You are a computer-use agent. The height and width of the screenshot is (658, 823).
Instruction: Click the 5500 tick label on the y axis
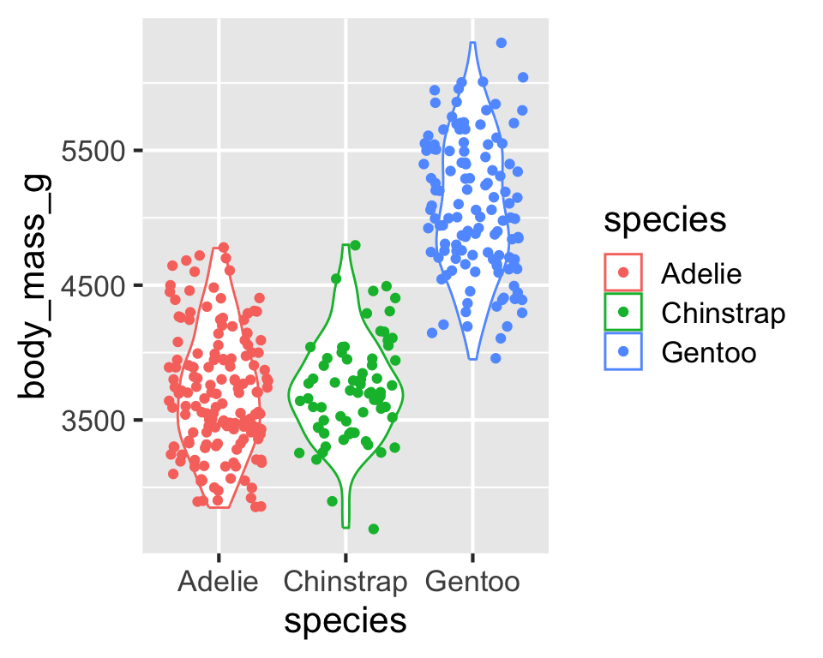[x=93, y=152]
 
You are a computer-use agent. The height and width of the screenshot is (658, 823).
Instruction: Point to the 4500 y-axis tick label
[x=93, y=286]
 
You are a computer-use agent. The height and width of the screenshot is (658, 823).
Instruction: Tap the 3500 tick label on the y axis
[x=93, y=421]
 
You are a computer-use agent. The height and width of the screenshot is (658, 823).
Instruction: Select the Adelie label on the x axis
[x=218, y=582]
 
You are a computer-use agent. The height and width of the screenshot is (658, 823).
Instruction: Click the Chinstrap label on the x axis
[x=345, y=583]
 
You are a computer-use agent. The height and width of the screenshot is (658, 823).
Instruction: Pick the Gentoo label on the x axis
[x=472, y=582]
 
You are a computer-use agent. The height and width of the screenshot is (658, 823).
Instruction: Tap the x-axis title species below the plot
[x=345, y=622]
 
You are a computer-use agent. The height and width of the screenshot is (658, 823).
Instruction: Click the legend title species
[x=665, y=220]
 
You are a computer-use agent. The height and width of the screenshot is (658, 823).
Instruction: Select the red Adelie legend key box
[x=623, y=272]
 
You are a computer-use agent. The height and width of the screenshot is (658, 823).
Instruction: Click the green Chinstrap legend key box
[x=623, y=312]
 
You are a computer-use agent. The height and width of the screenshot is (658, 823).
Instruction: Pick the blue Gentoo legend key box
[x=623, y=351]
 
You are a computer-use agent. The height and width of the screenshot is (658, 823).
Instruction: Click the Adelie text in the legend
[x=701, y=274]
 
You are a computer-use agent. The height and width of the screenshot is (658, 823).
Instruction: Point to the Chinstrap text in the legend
[x=724, y=314]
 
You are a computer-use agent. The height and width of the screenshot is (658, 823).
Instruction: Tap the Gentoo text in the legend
[x=709, y=353]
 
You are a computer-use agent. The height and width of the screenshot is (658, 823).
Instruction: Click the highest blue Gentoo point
[x=502, y=43]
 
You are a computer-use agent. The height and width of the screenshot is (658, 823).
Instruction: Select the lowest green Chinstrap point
[x=374, y=529]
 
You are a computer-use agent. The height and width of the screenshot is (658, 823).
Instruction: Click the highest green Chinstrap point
[x=355, y=245]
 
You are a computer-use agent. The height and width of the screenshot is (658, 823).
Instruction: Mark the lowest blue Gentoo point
[x=496, y=358]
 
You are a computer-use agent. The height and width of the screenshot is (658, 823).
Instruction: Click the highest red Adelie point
[x=224, y=247]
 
